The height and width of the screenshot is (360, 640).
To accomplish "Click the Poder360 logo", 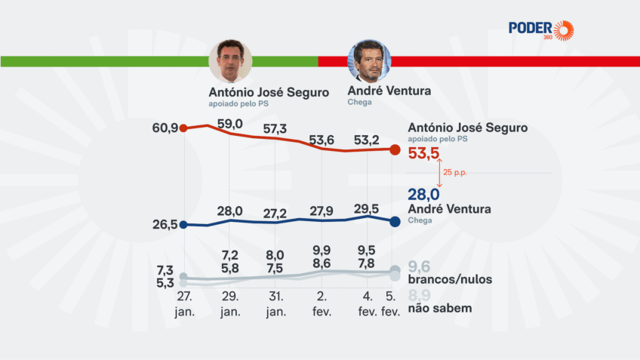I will click(x=540, y=29).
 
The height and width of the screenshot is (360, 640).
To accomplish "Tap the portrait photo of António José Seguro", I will click(x=230, y=61).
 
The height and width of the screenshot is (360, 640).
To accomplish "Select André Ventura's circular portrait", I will click(x=369, y=61).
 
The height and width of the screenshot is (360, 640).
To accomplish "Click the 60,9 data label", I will click(x=165, y=128).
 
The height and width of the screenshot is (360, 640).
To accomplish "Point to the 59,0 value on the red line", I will click(x=229, y=123).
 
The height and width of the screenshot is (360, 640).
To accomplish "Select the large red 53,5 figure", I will click(x=423, y=154).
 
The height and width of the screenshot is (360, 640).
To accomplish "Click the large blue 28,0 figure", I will click(x=423, y=195).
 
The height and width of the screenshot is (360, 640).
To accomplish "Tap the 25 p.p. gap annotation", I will click(x=456, y=173).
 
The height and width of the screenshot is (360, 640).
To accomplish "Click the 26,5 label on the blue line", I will click(x=165, y=224).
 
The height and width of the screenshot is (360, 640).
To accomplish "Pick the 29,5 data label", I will click(x=366, y=208).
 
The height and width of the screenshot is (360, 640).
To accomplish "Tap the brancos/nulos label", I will click(x=450, y=279).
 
